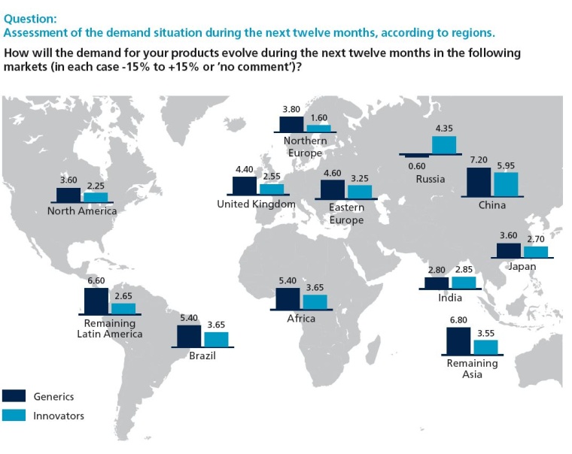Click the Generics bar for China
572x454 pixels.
[x=479, y=181]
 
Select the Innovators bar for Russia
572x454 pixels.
[x=444, y=144]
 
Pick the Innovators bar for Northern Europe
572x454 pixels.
[x=318, y=129]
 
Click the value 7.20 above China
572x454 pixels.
[x=479, y=161]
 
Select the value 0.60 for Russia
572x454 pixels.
[x=416, y=166]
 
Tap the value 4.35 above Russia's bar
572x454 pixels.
[x=443, y=129]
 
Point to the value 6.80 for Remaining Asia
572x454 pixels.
[x=458, y=320]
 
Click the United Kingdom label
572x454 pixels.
[x=256, y=204]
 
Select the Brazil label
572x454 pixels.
[x=202, y=356]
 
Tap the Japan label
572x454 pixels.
[x=522, y=266]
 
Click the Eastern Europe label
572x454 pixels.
[x=346, y=213]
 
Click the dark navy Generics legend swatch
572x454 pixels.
[x=14, y=396]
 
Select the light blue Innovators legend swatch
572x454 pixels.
[x=14, y=416]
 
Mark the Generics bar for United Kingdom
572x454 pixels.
[x=245, y=186]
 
